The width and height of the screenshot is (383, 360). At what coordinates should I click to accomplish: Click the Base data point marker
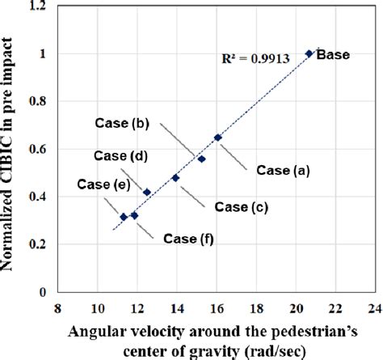[x=309, y=53]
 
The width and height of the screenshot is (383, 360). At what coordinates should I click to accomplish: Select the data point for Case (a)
[x=217, y=138]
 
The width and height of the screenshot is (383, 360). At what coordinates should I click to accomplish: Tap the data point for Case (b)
[x=201, y=159]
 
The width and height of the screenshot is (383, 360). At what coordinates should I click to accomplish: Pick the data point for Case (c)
[x=175, y=178]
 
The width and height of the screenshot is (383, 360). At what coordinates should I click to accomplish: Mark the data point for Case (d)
[x=147, y=192]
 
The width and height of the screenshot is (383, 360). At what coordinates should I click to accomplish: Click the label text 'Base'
[x=332, y=55]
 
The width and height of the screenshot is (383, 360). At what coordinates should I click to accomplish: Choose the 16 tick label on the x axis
[x=217, y=308]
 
